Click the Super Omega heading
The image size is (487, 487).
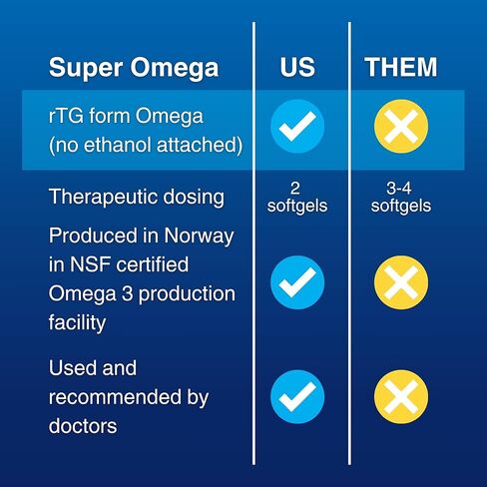(134, 68)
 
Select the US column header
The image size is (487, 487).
(297, 67)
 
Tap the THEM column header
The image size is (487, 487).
(401, 67)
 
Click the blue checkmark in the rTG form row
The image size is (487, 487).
(297, 126)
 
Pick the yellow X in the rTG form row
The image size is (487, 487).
(401, 126)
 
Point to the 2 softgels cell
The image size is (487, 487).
(297, 197)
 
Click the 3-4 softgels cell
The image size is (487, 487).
(401, 197)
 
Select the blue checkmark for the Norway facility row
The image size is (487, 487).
(297, 282)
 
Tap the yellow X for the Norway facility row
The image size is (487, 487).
(401, 282)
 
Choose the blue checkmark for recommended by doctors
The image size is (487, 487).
(297, 396)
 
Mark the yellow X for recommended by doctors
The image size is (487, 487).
(401, 396)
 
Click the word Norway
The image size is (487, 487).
(199, 237)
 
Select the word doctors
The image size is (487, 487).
(83, 426)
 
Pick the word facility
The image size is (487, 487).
(77, 323)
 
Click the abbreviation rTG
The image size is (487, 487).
(66, 116)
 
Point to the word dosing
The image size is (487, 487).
(194, 198)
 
